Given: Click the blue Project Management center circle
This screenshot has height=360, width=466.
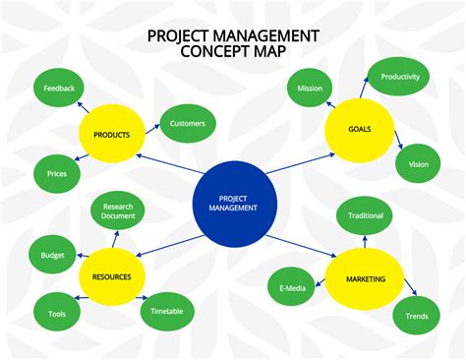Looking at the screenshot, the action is tap(233, 204).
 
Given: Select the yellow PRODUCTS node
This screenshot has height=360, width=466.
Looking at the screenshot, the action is tap(112, 134).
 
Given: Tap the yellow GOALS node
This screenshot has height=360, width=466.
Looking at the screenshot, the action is tap(359, 130).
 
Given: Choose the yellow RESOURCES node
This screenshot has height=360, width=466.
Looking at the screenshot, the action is tap(112, 276).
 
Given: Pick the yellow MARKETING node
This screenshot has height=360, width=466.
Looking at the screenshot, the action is tap(365, 279).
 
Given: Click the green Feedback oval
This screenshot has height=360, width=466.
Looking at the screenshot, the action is tap(59, 88).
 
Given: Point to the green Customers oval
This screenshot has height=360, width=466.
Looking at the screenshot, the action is tap(187, 123).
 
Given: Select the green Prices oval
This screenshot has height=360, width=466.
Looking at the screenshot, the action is tap(57, 174).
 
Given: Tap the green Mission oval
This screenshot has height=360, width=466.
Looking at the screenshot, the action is tap(311, 89).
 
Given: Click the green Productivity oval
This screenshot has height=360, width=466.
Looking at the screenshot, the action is tap(400, 77).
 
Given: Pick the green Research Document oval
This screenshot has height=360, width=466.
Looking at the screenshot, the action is tap(118, 210).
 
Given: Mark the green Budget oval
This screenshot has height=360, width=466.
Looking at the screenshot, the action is tap(53, 255).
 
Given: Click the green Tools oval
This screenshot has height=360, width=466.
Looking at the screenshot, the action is tap(57, 314).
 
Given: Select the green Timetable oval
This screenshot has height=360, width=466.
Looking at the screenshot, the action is tap(167, 311).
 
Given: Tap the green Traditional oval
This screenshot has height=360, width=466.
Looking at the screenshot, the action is tap(366, 214).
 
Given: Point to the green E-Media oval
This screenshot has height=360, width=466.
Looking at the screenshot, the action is tap(291, 285).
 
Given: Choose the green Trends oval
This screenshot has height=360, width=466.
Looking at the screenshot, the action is tap(417, 316).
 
